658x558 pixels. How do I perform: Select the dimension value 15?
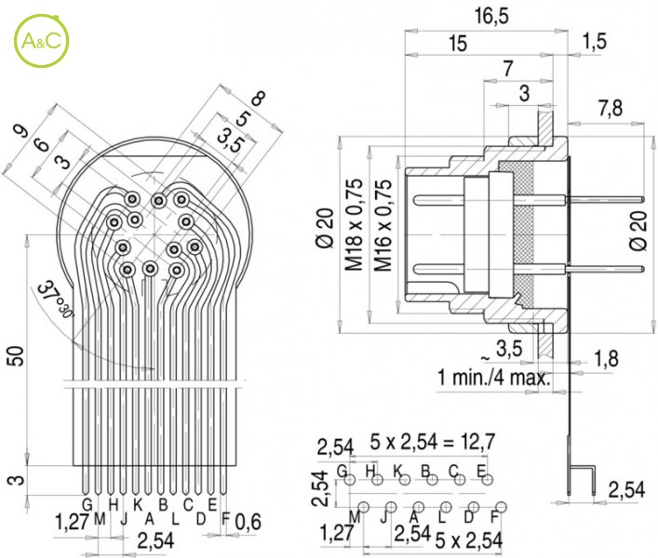click(x=457, y=43)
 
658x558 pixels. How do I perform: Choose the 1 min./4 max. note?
click(x=493, y=379)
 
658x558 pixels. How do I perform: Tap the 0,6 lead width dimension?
click(x=248, y=523)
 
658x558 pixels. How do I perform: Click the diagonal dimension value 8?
click(x=258, y=99)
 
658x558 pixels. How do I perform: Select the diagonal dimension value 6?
click(x=40, y=144)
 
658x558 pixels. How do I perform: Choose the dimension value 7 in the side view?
click(x=507, y=69)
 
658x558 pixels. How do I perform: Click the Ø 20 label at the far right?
click(x=638, y=228)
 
